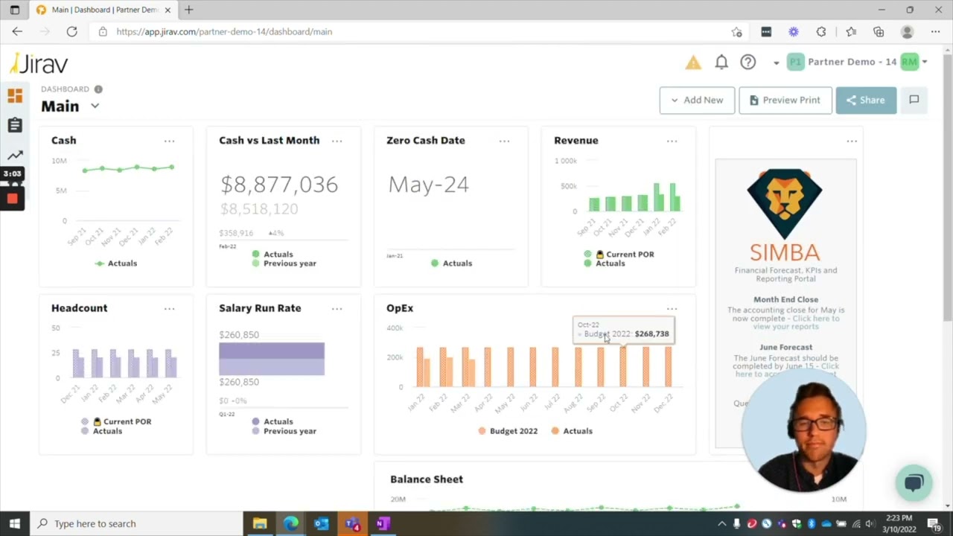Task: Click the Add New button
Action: pos(697,100)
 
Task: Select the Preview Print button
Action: pos(785,100)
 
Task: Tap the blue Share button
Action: pos(865,100)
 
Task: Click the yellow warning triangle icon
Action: pos(693,63)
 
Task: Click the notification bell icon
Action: pos(721,63)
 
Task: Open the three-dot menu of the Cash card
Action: pos(170,141)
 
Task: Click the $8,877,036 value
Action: pos(279,185)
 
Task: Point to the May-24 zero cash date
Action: pos(428,185)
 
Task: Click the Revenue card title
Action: pos(576,141)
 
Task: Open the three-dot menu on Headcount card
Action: pos(170,308)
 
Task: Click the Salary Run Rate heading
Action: pos(260,308)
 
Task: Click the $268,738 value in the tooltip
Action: pos(651,334)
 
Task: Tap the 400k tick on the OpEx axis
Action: pos(395,328)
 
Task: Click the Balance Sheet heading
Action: pos(427,479)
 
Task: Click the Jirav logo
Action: pos(39,64)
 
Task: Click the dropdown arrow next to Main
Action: pos(95,106)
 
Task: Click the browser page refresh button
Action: pos(71,32)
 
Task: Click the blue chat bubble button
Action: pos(914,482)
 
